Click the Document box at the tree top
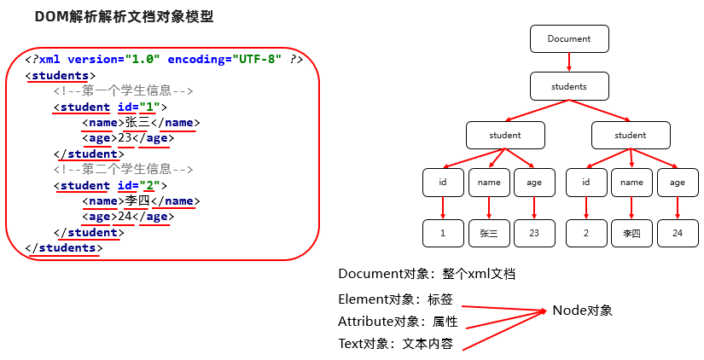point(569,38)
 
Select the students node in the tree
point(569,86)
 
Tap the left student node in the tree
point(504,135)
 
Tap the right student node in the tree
point(631,135)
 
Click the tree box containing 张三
point(489,232)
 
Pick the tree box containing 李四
point(631,232)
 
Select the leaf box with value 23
point(534,232)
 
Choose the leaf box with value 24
point(678,232)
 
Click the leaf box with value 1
point(443,232)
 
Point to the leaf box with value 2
point(585,232)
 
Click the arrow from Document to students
point(569,62)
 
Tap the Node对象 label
point(582,311)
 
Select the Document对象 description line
point(426,274)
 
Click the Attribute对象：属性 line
point(398,322)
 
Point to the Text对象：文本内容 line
point(395,344)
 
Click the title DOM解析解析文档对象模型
point(124,17)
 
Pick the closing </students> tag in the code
point(64,248)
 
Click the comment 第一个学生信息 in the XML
point(124,91)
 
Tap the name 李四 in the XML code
point(137,201)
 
